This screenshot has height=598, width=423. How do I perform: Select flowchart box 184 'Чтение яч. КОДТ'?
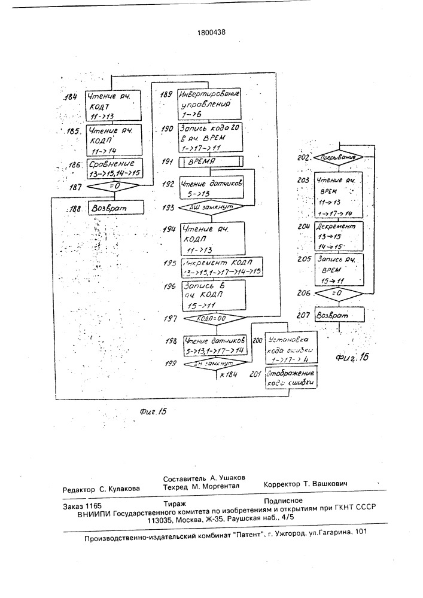pyautogui.click(x=114, y=104)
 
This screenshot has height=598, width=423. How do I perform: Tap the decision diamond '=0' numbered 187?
pyautogui.click(x=114, y=186)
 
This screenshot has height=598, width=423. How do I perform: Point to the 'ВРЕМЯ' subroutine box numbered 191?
pyautogui.click(x=211, y=162)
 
